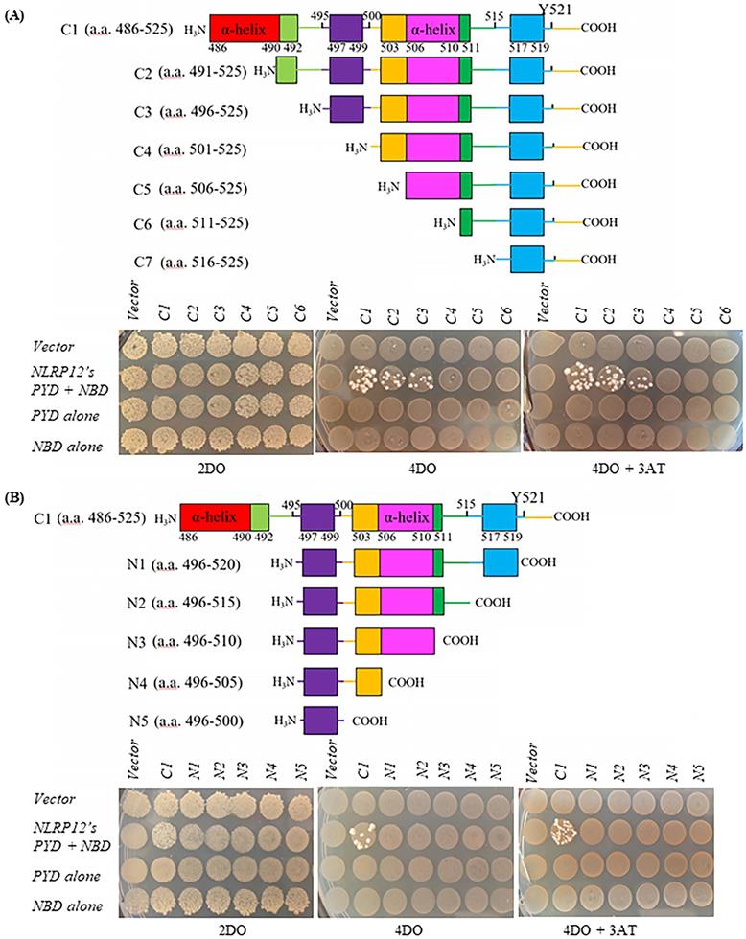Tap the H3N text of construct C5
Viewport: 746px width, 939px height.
391,185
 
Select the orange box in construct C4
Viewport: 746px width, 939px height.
393,148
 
